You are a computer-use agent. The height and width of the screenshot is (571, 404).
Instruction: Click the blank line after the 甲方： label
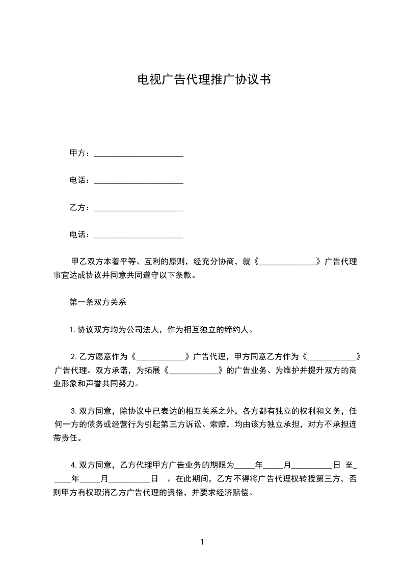click(139, 154)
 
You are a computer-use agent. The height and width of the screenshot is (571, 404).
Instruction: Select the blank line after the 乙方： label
click(139, 209)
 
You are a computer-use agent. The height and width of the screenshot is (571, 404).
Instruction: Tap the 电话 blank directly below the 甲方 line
click(139, 182)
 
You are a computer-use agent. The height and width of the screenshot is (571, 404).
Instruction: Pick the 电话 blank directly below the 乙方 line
click(139, 236)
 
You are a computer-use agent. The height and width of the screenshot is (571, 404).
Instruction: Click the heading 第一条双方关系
click(94, 302)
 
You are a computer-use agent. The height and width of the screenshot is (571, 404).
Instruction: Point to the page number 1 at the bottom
click(202, 542)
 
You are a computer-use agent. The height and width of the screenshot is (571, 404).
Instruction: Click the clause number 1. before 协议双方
click(73, 329)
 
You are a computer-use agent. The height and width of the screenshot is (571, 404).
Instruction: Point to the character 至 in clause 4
click(349, 465)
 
